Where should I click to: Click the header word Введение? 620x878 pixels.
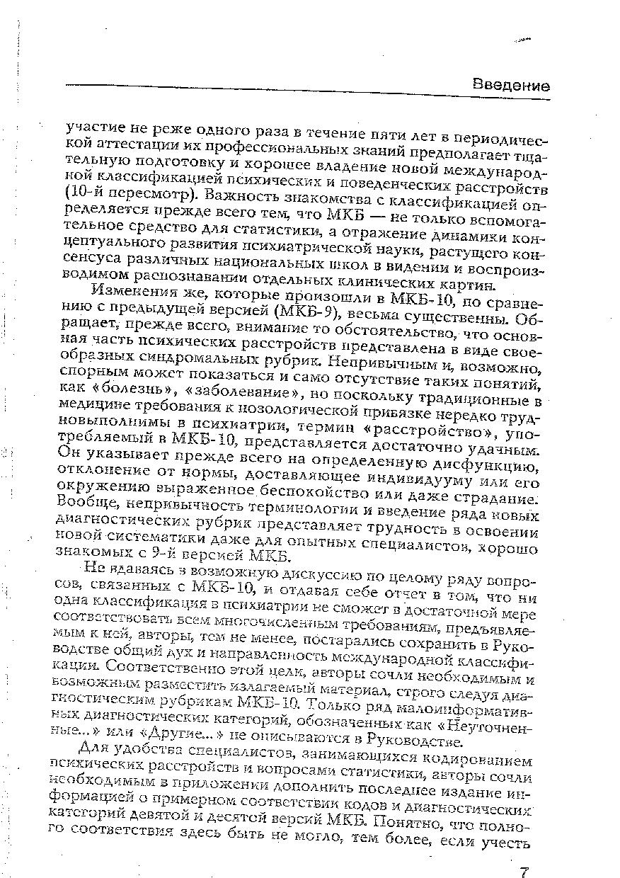511,86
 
